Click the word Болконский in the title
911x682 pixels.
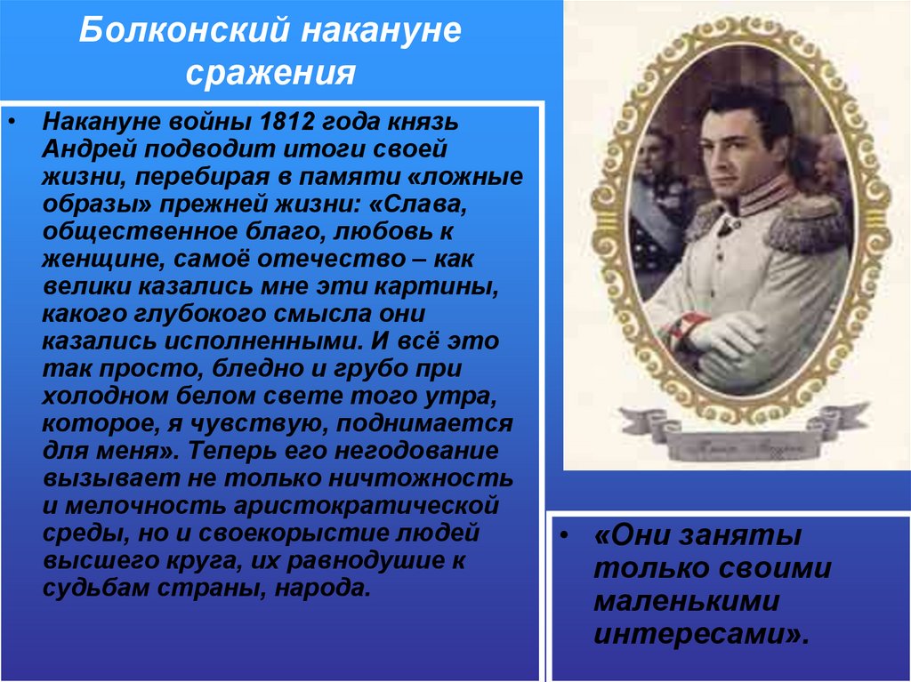184,34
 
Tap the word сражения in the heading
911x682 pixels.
271,71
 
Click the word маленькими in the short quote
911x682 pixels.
686,602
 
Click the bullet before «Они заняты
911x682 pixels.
567,538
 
